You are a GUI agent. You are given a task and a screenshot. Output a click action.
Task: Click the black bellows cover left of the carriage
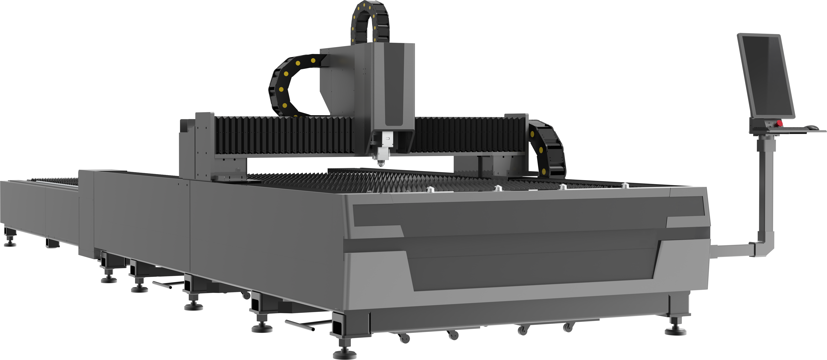(x=282, y=135)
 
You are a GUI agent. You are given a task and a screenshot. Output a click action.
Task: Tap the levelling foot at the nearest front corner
(x=344, y=353)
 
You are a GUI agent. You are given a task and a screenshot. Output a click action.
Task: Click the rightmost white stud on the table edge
(x=625, y=186)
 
